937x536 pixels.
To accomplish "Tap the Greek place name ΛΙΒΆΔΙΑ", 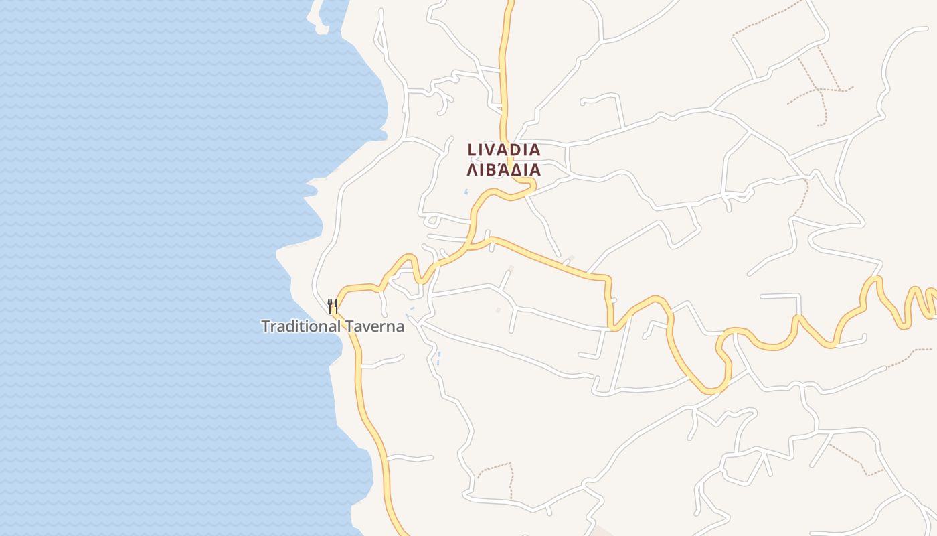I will click(503, 170).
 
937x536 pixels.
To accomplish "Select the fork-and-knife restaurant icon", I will click(332, 307).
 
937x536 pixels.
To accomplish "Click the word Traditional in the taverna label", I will click(301, 326).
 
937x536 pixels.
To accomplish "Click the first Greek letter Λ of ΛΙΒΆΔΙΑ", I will click(471, 170).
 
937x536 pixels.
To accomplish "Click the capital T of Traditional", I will click(266, 326).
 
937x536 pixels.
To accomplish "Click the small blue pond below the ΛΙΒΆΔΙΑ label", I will click(466, 192).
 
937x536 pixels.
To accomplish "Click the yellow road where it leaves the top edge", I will click(509, 3).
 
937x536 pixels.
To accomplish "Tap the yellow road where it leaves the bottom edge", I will click(404, 533).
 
